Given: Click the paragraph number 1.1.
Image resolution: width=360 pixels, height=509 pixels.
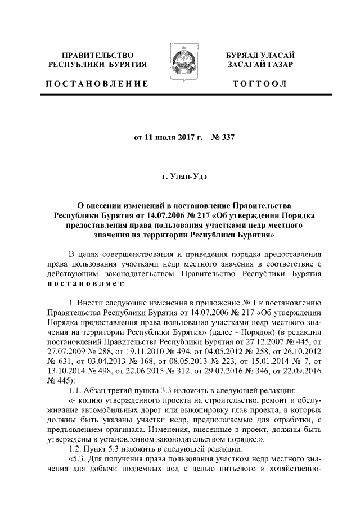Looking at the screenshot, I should pyautogui.click(x=75, y=361).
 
